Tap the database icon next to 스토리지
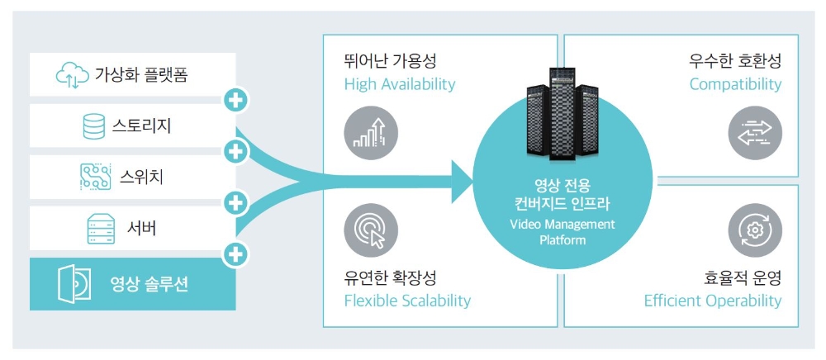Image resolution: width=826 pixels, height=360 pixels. click(93, 126)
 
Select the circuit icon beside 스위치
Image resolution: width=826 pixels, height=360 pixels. click(94, 176)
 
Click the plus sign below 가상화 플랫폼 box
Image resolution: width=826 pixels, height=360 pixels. click(236, 102)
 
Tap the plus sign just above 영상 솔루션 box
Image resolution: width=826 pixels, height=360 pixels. click(236, 253)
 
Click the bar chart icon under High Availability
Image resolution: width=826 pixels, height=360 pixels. click(371, 134)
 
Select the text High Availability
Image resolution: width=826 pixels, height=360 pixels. click(399, 84)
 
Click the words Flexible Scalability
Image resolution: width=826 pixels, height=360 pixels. click(407, 300)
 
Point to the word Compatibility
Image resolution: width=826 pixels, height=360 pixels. click(735, 84)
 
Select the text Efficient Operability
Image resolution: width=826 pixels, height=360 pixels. click(713, 300)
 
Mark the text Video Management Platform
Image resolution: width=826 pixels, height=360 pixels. click(563, 232)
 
